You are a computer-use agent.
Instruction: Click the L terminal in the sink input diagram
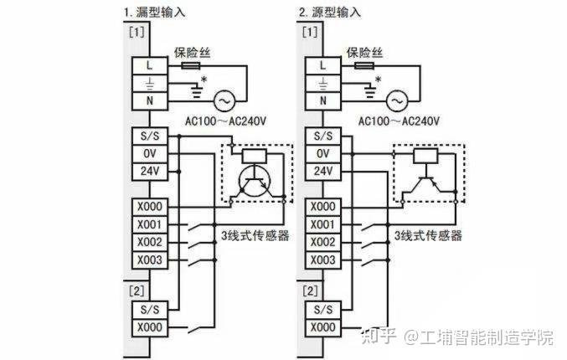(148, 64)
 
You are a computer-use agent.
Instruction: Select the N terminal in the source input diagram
(321, 100)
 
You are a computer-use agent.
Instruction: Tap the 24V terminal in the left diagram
(148, 172)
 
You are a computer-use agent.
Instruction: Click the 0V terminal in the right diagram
(321, 154)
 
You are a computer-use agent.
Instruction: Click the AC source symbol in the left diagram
(224, 100)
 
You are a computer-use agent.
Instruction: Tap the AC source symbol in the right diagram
(396, 100)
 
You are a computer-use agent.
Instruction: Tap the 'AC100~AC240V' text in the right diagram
(399, 121)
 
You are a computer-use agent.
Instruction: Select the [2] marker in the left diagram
(136, 291)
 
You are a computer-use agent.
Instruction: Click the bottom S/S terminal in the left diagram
(148, 308)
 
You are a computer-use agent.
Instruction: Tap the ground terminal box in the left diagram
(148, 82)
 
